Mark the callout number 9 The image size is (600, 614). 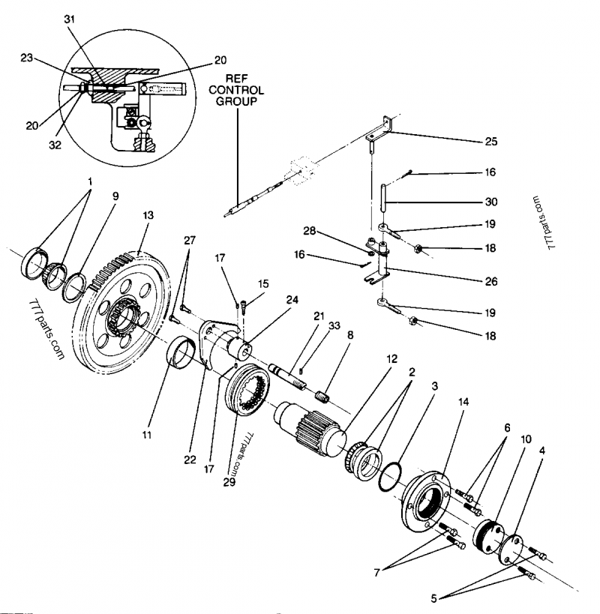115,196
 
